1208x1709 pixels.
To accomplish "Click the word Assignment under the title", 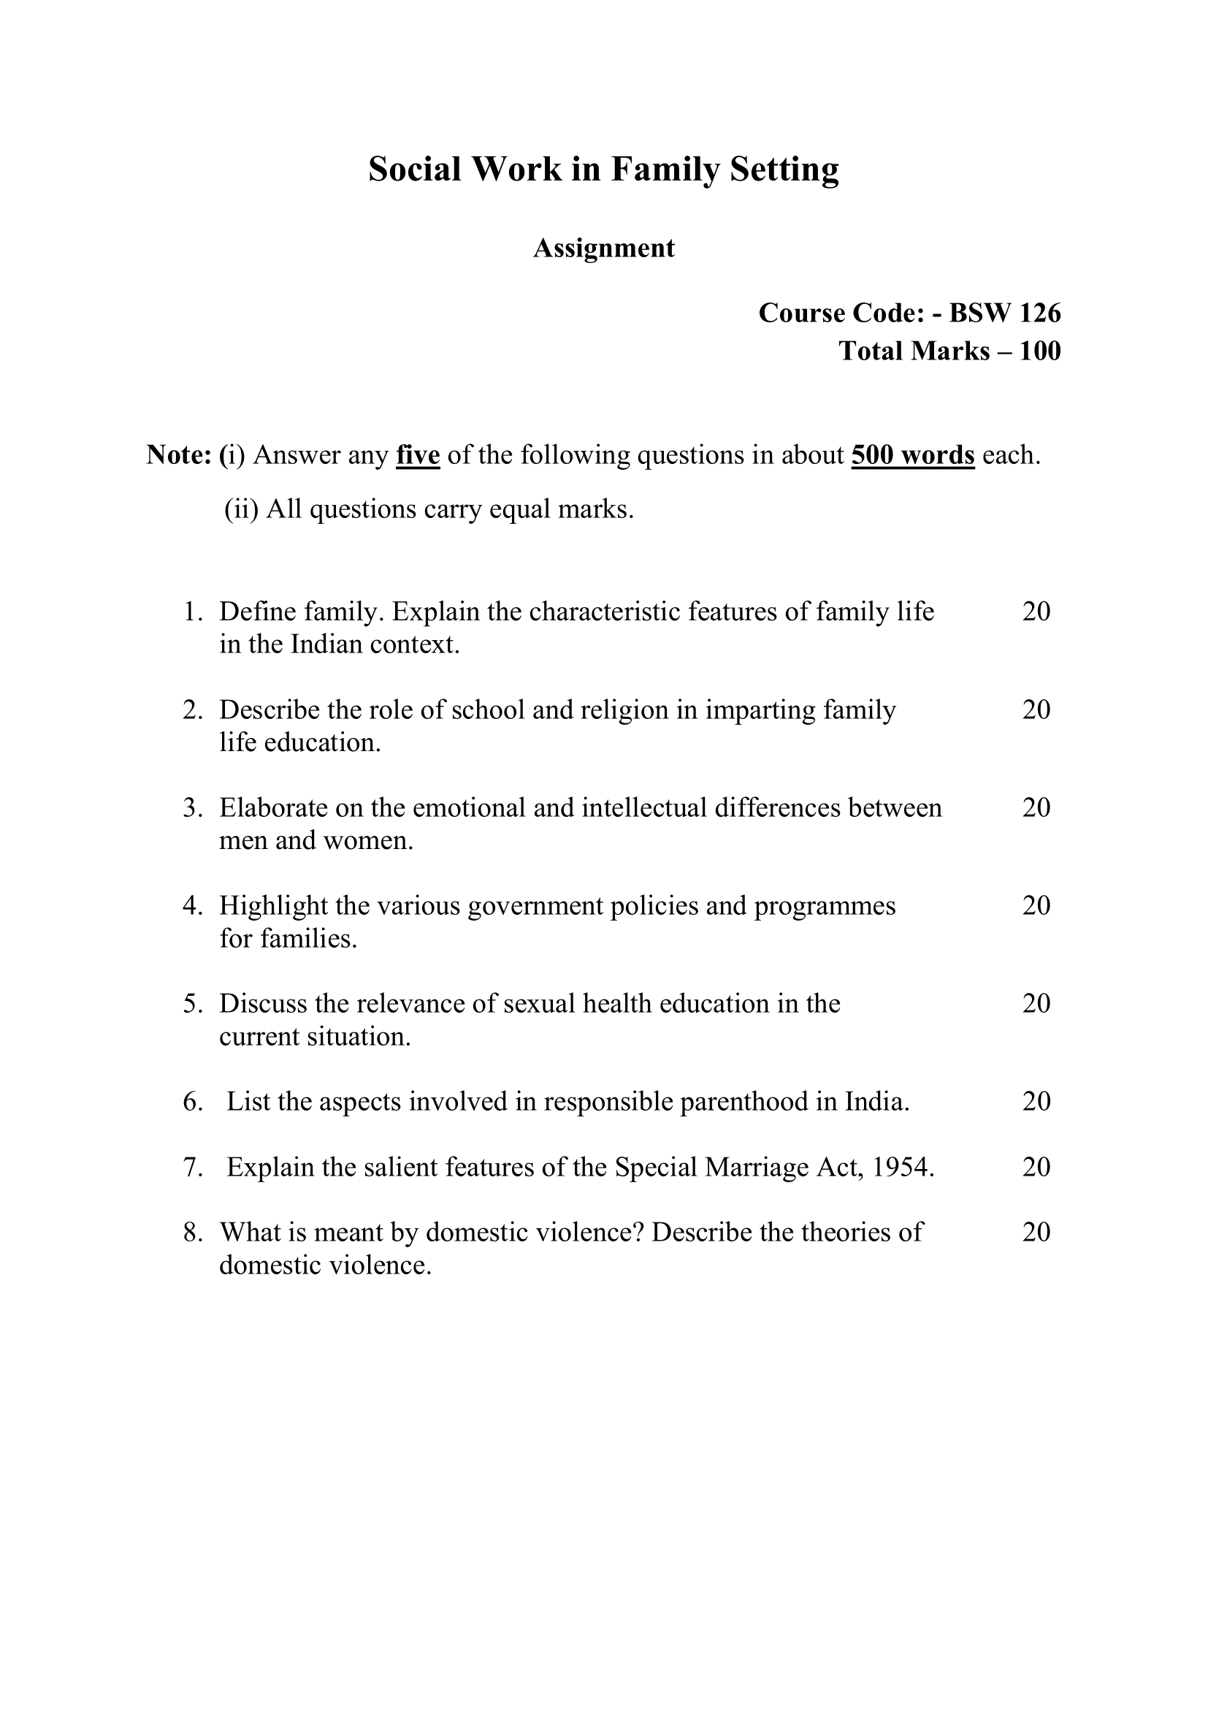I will point(603,248).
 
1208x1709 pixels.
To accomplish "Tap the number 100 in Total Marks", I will point(1040,351).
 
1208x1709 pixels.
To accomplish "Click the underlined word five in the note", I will point(418,454).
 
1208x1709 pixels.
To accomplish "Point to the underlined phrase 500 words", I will point(913,454).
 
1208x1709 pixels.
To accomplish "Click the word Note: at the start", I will point(179,454).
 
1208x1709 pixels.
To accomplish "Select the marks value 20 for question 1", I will point(1036,611).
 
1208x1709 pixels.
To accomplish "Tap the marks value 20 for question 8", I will point(1036,1232).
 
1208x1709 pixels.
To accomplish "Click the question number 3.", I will point(192,807).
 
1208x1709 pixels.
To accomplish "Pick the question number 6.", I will point(192,1102).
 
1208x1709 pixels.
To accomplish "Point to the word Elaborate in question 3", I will point(273,807).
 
